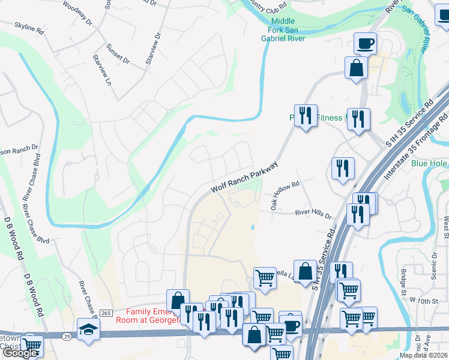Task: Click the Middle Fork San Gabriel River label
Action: [287, 28]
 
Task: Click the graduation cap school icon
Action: [88, 329]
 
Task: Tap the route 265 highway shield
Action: [106, 313]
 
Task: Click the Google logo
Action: [20, 353]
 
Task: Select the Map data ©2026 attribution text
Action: [423, 355]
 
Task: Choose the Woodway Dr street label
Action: [77, 14]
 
